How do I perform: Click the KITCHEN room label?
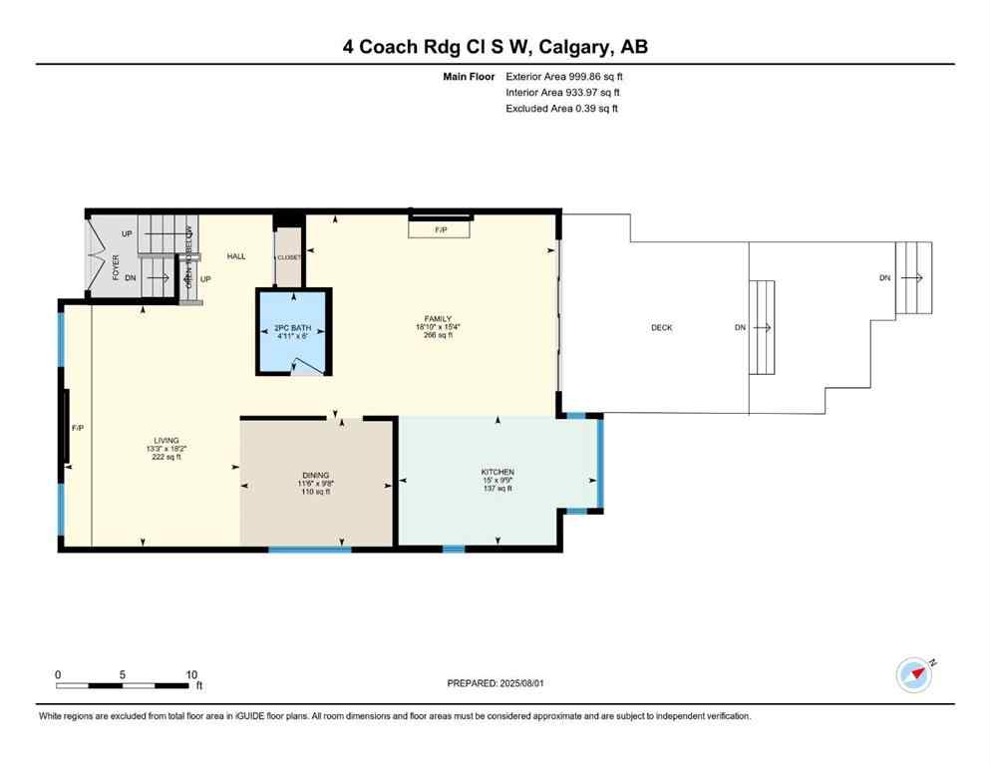point(496,472)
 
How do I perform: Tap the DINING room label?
point(316,476)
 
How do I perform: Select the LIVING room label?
point(165,440)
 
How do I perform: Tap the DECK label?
point(661,327)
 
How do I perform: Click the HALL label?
point(236,256)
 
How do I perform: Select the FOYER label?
point(116,266)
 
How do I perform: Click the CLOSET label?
point(289,257)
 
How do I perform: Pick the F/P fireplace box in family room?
point(441,229)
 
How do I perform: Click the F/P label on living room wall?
point(78,428)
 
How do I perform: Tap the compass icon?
point(913,675)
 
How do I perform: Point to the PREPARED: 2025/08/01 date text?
point(495,683)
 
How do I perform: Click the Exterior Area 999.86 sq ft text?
point(564,76)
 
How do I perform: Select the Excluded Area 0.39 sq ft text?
point(561,108)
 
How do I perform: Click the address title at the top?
point(495,47)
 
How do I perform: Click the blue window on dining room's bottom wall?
point(309,549)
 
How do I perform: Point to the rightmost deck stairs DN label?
point(884,277)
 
